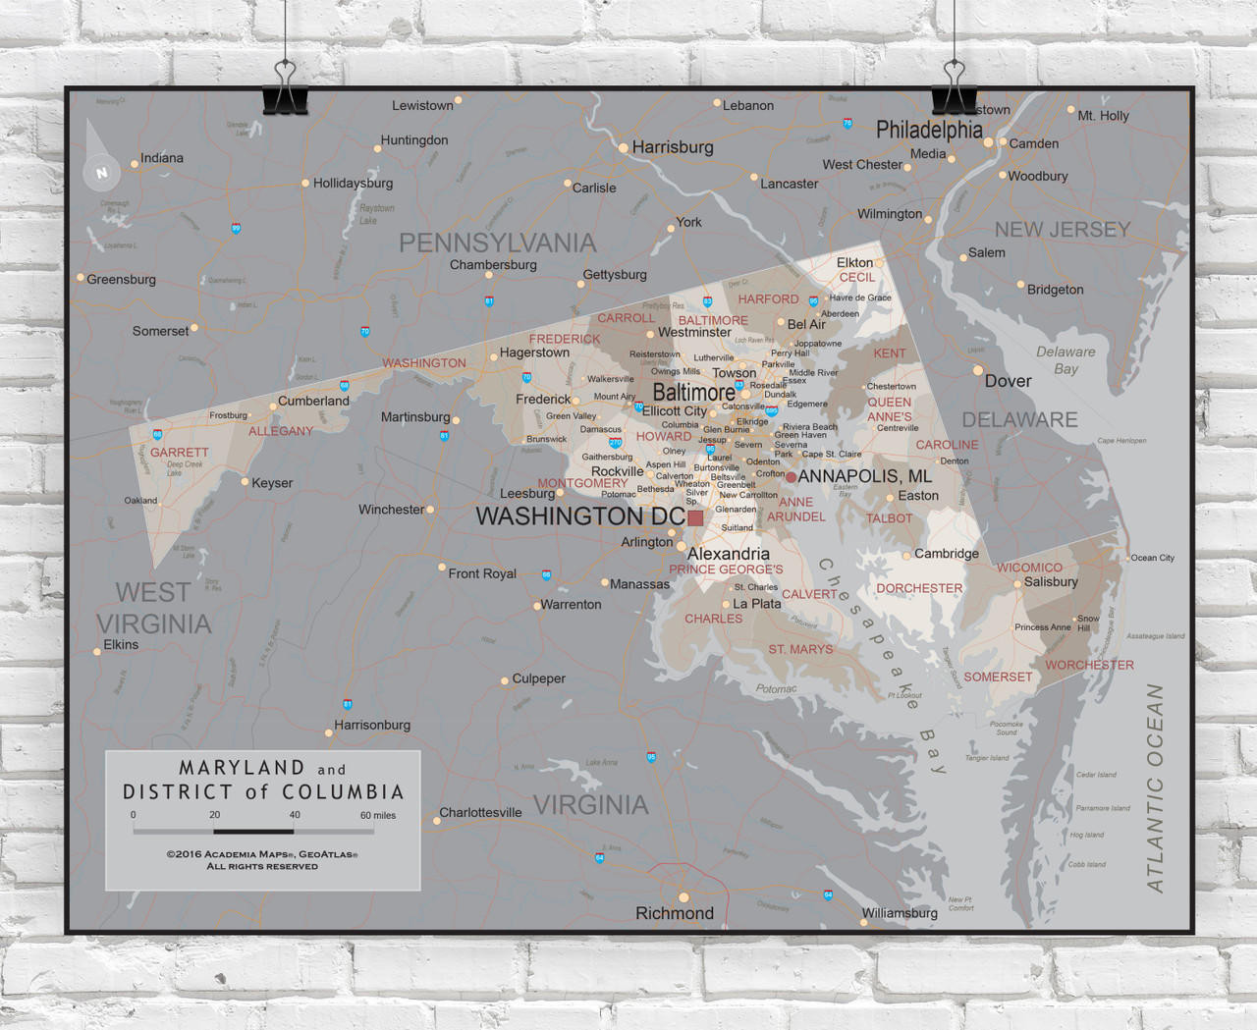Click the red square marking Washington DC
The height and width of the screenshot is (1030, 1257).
pos(695,517)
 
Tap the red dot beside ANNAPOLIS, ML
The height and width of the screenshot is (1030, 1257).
pos(791,477)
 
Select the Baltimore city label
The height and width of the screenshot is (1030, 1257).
pos(693,392)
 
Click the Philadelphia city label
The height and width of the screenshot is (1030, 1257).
pos(928,130)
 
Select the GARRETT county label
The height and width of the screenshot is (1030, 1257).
pos(179,453)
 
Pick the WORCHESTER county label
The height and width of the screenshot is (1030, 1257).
pos(1089,665)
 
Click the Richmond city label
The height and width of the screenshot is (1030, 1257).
pos(674,913)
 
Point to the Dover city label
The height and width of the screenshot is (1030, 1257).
pos(1008,381)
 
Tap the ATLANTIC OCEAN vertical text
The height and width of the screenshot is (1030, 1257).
pos(1155,787)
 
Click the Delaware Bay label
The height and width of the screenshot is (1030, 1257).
pos(1066,359)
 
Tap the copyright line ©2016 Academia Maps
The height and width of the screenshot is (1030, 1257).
pos(261,854)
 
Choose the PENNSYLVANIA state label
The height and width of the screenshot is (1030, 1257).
pos(497,243)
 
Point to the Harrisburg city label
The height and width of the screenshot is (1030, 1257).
pos(672,147)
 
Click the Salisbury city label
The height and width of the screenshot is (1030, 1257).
pos(1050,581)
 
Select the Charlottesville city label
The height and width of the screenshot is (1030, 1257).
pos(480,812)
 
